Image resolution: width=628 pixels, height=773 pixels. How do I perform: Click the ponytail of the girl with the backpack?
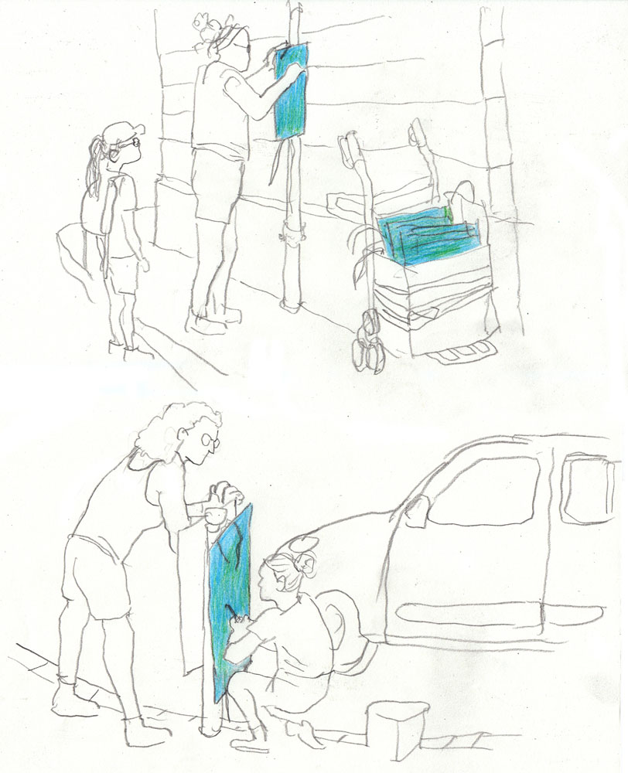tap(96, 166)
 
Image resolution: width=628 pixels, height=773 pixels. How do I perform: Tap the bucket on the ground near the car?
tap(397, 730)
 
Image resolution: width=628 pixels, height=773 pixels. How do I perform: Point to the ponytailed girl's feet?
tap(121, 344)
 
